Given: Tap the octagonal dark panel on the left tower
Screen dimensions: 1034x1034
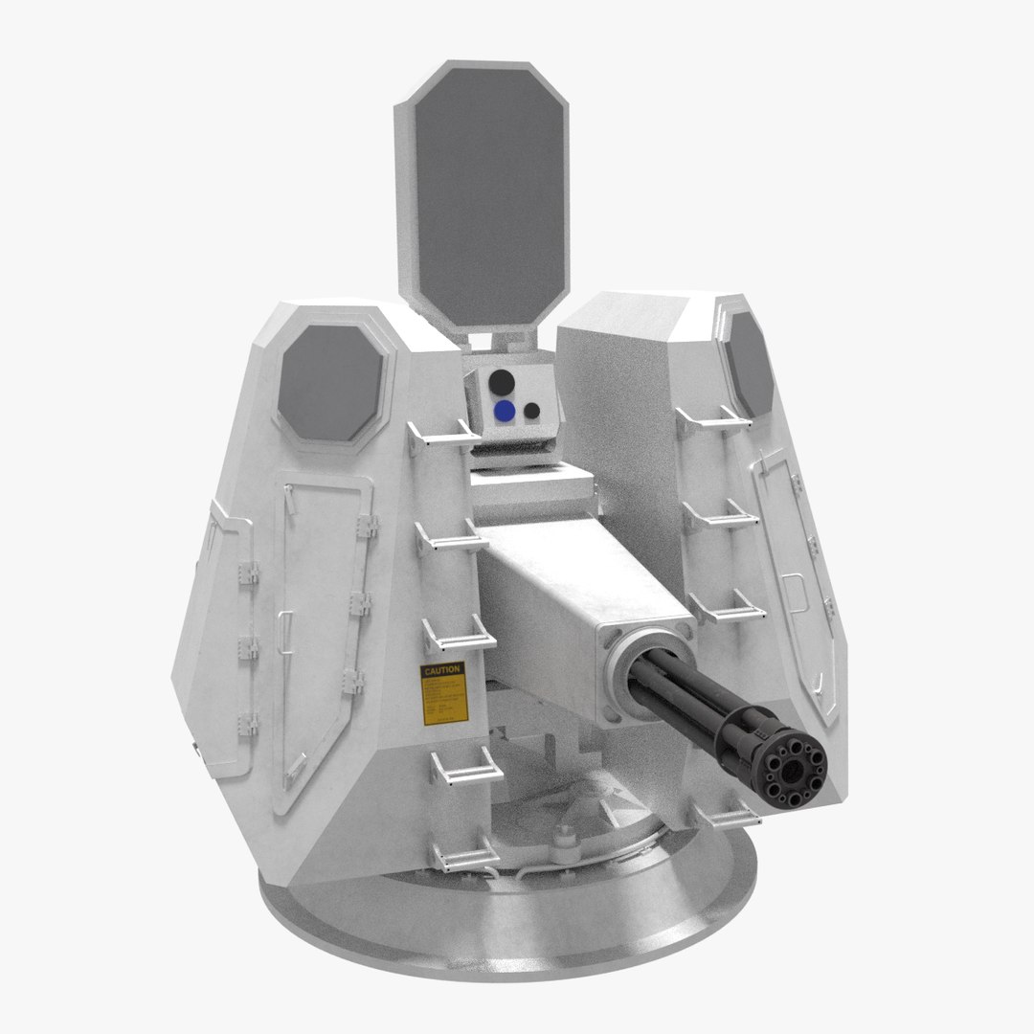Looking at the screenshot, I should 330,383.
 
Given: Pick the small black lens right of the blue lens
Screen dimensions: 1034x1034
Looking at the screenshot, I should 532,411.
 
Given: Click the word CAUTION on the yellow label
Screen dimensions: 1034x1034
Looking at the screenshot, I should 441,670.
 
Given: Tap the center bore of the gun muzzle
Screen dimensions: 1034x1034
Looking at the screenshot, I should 792,771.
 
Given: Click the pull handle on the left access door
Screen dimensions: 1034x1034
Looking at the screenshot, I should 283,627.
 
